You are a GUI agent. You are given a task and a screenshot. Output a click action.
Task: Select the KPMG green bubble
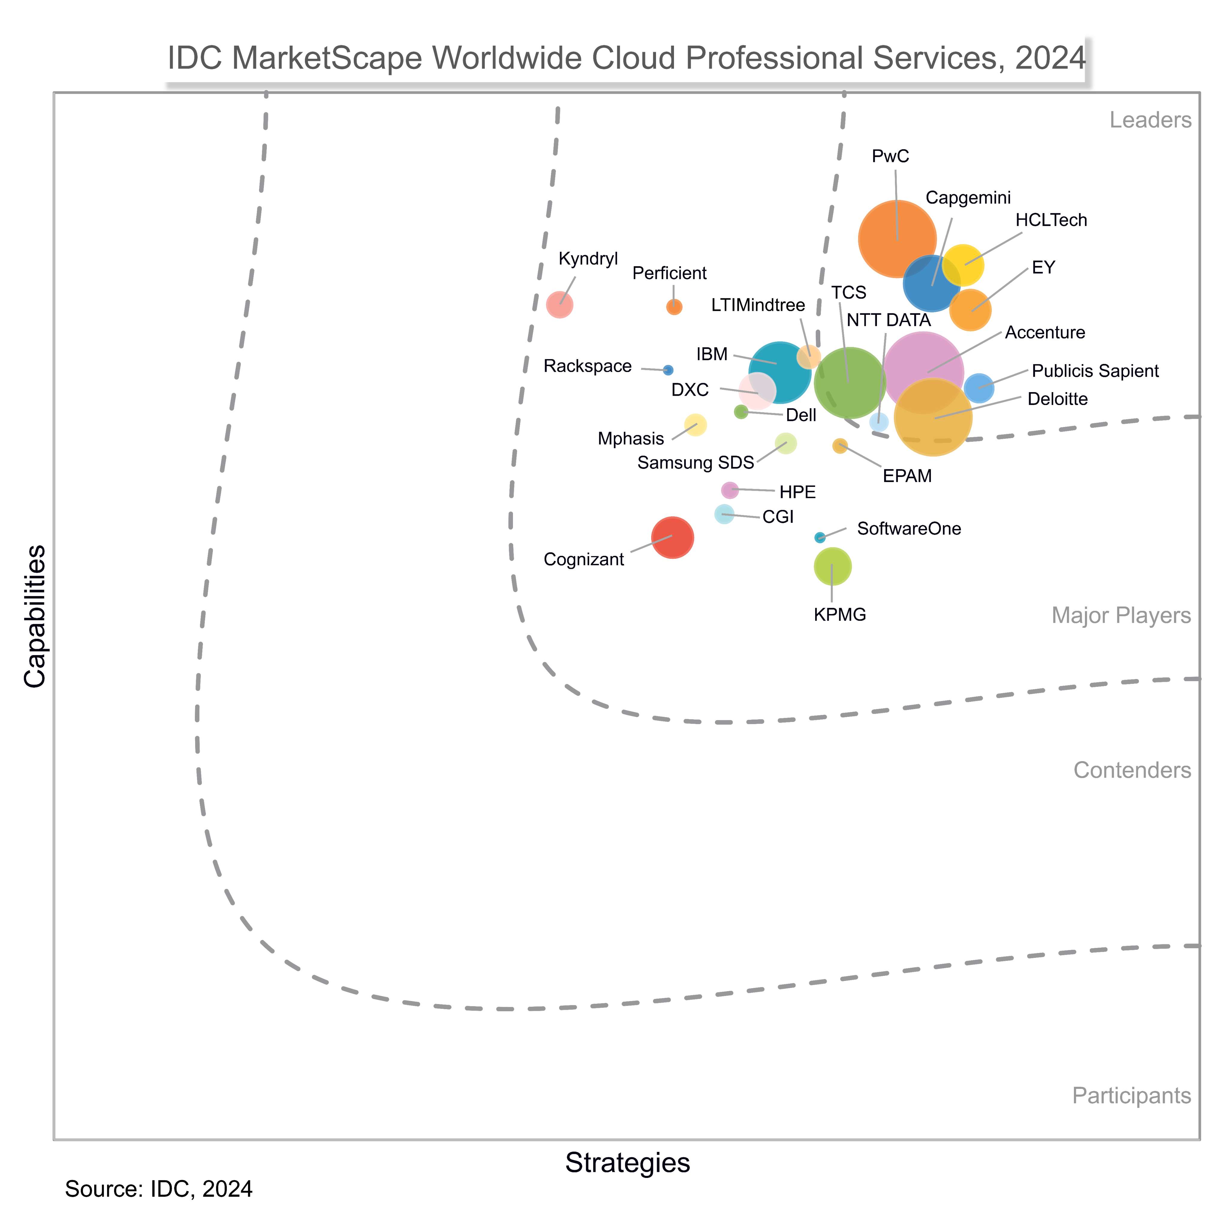click(x=832, y=566)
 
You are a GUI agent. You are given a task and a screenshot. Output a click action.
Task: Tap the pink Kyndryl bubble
click(x=559, y=304)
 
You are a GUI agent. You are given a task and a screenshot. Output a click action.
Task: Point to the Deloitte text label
click(x=1057, y=399)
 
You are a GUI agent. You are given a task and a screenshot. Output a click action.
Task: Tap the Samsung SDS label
click(x=695, y=463)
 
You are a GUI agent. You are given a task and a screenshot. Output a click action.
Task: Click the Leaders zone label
click(x=1150, y=120)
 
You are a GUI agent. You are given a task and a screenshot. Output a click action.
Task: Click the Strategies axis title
click(x=627, y=1162)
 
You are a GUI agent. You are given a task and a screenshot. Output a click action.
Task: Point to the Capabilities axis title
click(x=36, y=616)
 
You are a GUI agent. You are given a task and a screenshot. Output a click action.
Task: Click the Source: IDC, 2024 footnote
click(x=159, y=1188)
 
